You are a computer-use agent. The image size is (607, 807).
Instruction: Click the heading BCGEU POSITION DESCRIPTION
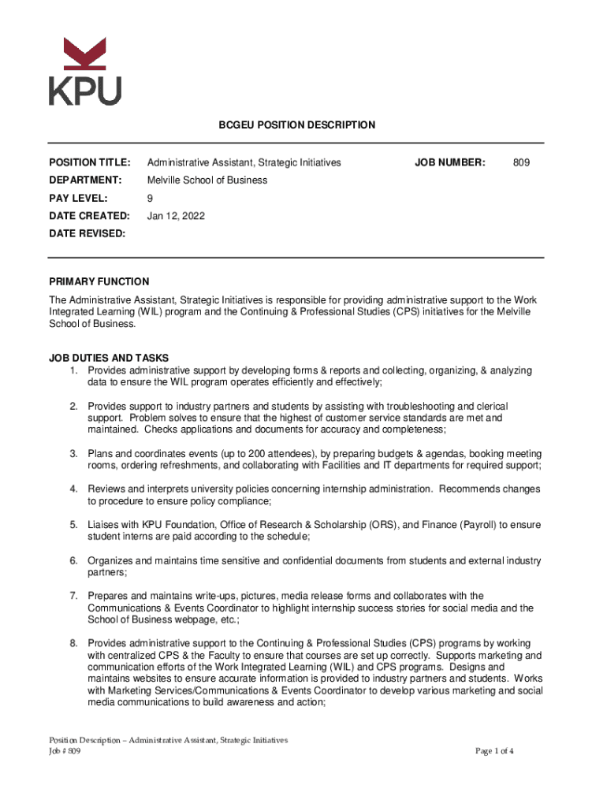click(296, 125)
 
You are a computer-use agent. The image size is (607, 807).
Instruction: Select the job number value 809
click(521, 162)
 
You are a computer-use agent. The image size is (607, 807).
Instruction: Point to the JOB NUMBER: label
click(450, 162)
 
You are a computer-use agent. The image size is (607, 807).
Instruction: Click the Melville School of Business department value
click(207, 180)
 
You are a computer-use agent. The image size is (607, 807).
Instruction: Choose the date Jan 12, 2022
click(176, 215)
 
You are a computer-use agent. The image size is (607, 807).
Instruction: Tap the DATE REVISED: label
click(87, 233)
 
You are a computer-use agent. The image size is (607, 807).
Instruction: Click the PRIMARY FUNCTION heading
click(99, 281)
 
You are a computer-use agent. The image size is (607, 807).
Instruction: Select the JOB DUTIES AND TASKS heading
click(109, 358)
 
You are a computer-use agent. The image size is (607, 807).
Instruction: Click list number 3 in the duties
click(73, 454)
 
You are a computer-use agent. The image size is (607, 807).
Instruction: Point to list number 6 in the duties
click(73, 561)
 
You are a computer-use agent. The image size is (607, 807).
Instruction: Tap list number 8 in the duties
click(73, 644)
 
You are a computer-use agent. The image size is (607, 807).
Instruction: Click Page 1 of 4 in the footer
click(494, 751)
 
